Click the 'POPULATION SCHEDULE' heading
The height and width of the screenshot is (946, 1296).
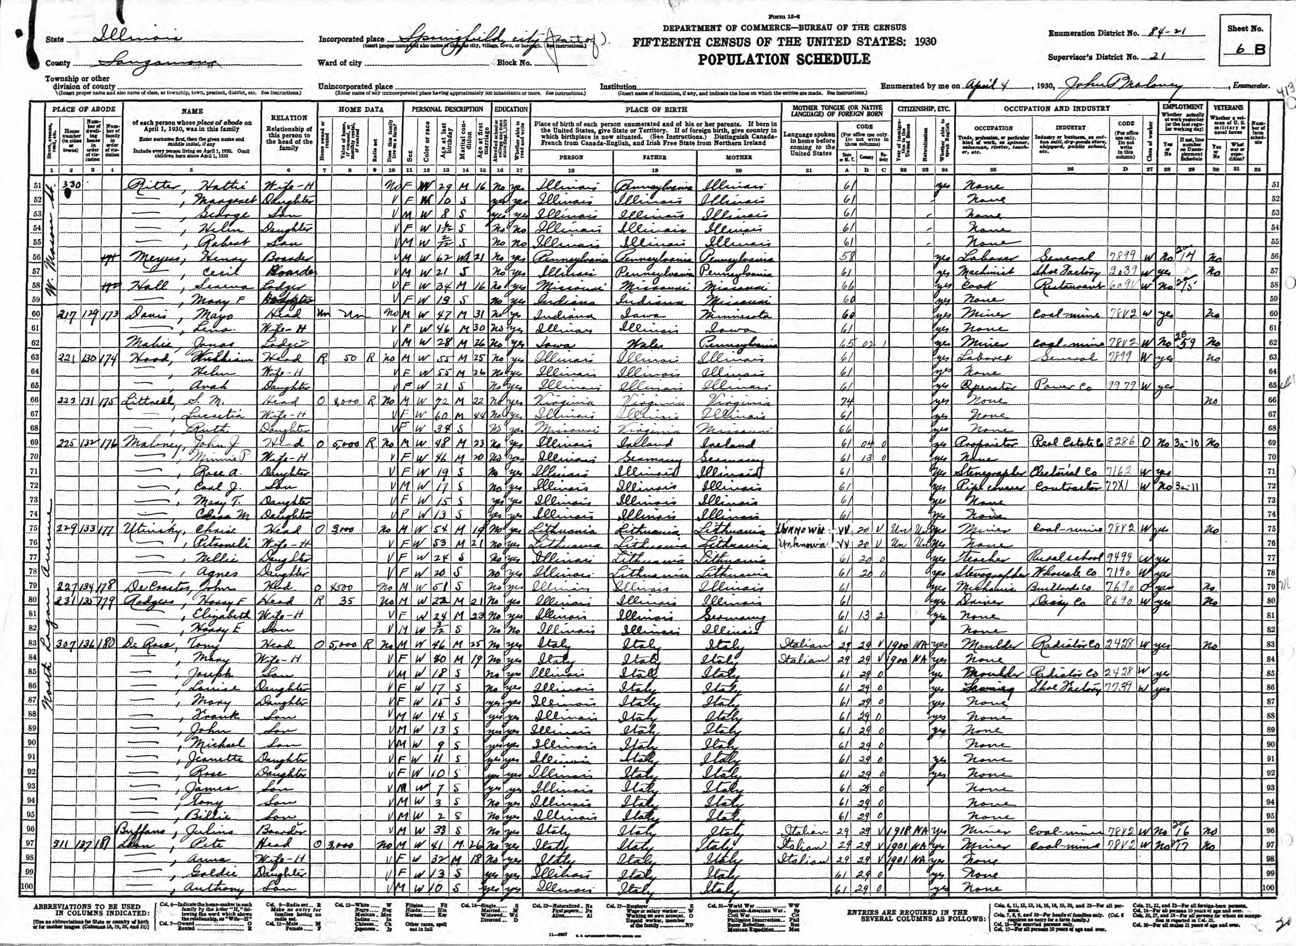click(784, 59)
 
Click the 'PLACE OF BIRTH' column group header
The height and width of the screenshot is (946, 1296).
click(655, 109)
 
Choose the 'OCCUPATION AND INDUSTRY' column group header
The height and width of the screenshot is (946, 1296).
click(1056, 108)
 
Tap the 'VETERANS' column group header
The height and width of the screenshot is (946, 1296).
click(1227, 107)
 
